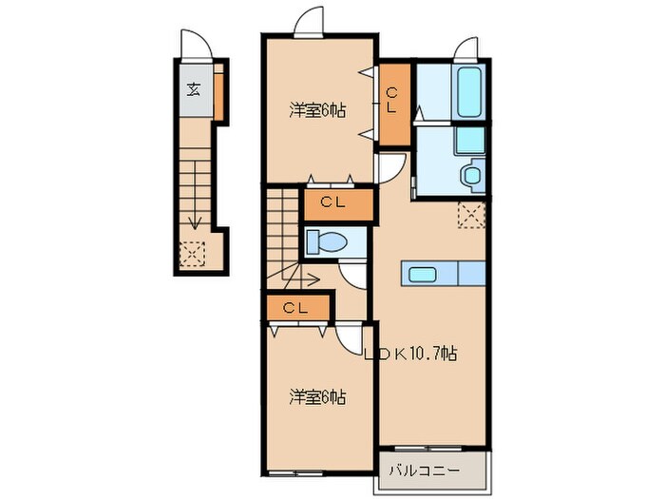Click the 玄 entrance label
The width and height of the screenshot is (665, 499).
pos(194,91)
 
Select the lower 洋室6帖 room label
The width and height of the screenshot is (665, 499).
pos(317,396)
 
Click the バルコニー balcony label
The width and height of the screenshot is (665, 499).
pos(425,470)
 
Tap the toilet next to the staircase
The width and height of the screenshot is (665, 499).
pos(325,241)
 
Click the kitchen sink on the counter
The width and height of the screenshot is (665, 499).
pos(424,275)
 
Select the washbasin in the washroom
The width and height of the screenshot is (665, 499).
pos(470,177)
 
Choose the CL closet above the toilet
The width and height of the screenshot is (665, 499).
pos(332,202)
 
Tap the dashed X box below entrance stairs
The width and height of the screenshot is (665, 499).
pos(193,253)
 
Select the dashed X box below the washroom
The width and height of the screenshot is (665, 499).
pos(471,215)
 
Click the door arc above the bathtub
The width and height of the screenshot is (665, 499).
pos(466,50)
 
